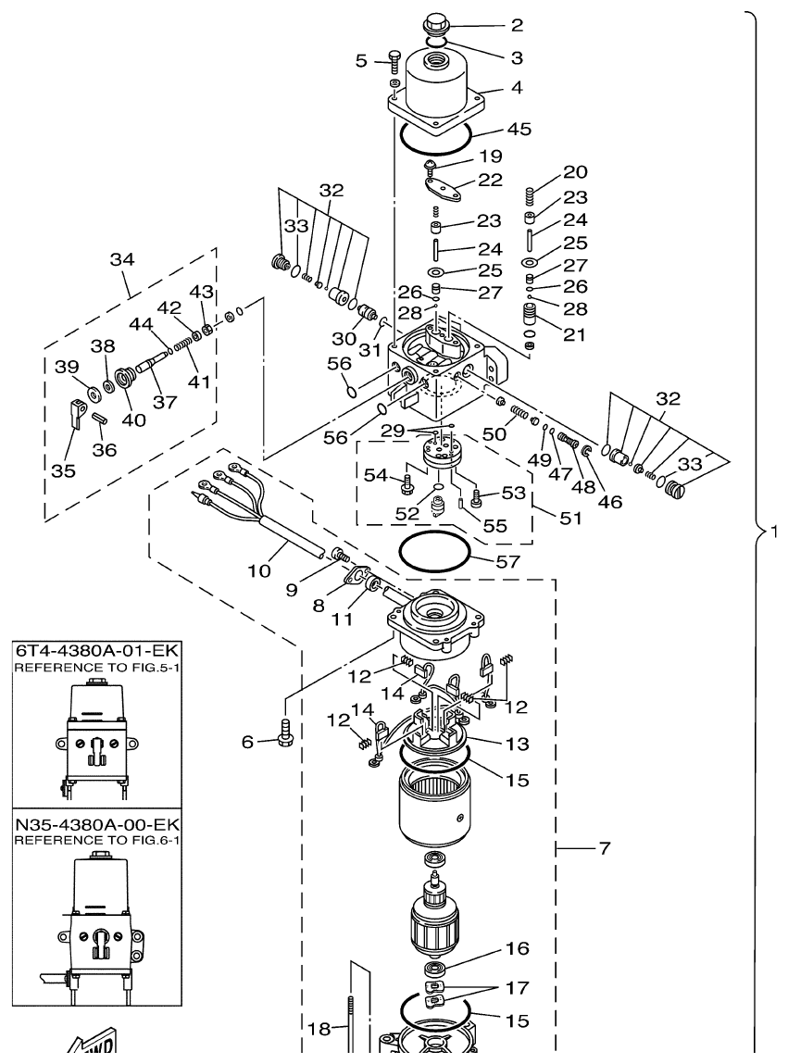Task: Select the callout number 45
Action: [519, 129]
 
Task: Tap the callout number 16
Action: [518, 949]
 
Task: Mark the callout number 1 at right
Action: [776, 532]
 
